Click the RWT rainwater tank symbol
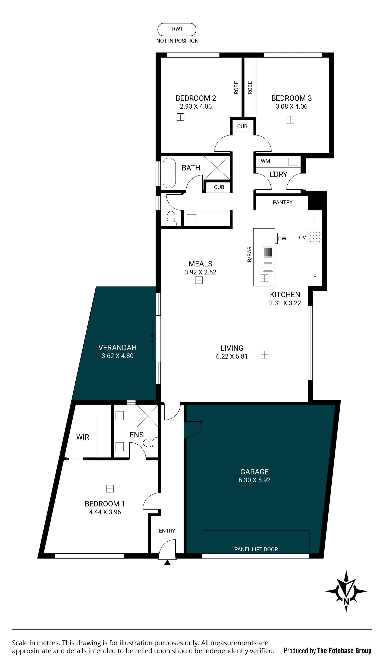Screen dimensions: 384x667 (x=177, y=29)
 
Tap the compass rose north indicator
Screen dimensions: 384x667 (x=346, y=591)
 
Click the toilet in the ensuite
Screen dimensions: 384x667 (x=151, y=442)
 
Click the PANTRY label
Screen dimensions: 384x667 (x=282, y=202)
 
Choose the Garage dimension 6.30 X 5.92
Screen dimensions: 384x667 (x=255, y=480)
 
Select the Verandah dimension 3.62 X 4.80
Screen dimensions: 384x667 (x=117, y=356)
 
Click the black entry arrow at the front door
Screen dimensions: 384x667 (x=167, y=562)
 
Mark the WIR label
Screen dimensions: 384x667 (x=83, y=437)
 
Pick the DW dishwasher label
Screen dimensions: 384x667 (x=282, y=239)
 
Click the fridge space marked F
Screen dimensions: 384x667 (x=315, y=276)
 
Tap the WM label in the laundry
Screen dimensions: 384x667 (x=265, y=161)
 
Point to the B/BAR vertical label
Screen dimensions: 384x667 (x=249, y=254)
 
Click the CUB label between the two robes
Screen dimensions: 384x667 (x=242, y=126)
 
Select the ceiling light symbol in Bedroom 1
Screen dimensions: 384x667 (x=110, y=489)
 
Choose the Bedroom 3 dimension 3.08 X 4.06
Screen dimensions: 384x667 (x=291, y=107)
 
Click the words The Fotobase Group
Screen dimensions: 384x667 (x=344, y=651)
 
